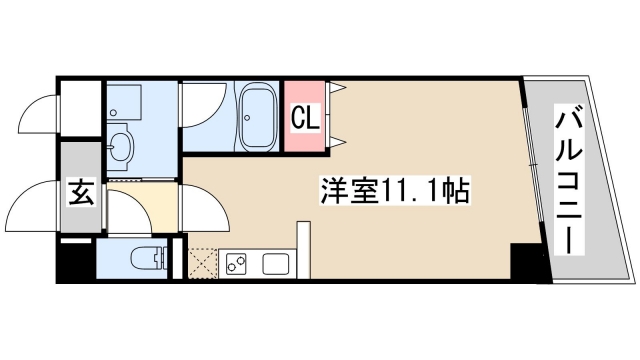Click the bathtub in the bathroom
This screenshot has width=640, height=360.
tap(257, 117)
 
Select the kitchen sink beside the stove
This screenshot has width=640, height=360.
tap(275, 264)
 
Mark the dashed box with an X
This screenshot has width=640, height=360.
tap(204, 262)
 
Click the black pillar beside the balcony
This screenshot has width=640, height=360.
tap(529, 261)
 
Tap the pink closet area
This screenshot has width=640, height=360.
tap(305, 118)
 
